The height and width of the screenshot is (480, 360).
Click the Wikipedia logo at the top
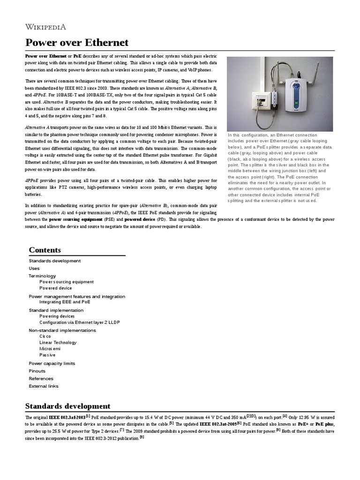tap(45, 26)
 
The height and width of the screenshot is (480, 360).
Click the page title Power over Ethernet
tap(76, 43)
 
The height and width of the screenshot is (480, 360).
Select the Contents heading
tap(45, 250)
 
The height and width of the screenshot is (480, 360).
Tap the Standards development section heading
tap(67, 406)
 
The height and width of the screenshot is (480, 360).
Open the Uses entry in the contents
tap(34, 268)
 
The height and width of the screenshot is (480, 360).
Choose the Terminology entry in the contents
tap(42, 276)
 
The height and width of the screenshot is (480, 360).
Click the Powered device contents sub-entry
tap(56, 288)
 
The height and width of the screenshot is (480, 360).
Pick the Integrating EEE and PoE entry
tap(65, 302)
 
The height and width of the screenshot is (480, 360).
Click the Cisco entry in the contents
tap(45, 337)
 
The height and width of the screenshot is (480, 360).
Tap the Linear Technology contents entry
tap(58, 343)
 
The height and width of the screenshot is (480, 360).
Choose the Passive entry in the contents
tap(47, 355)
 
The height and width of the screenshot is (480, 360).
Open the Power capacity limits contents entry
tap(52, 363)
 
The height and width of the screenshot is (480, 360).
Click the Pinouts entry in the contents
tap(37, 371)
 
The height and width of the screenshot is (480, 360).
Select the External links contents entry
tap(44, 386)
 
